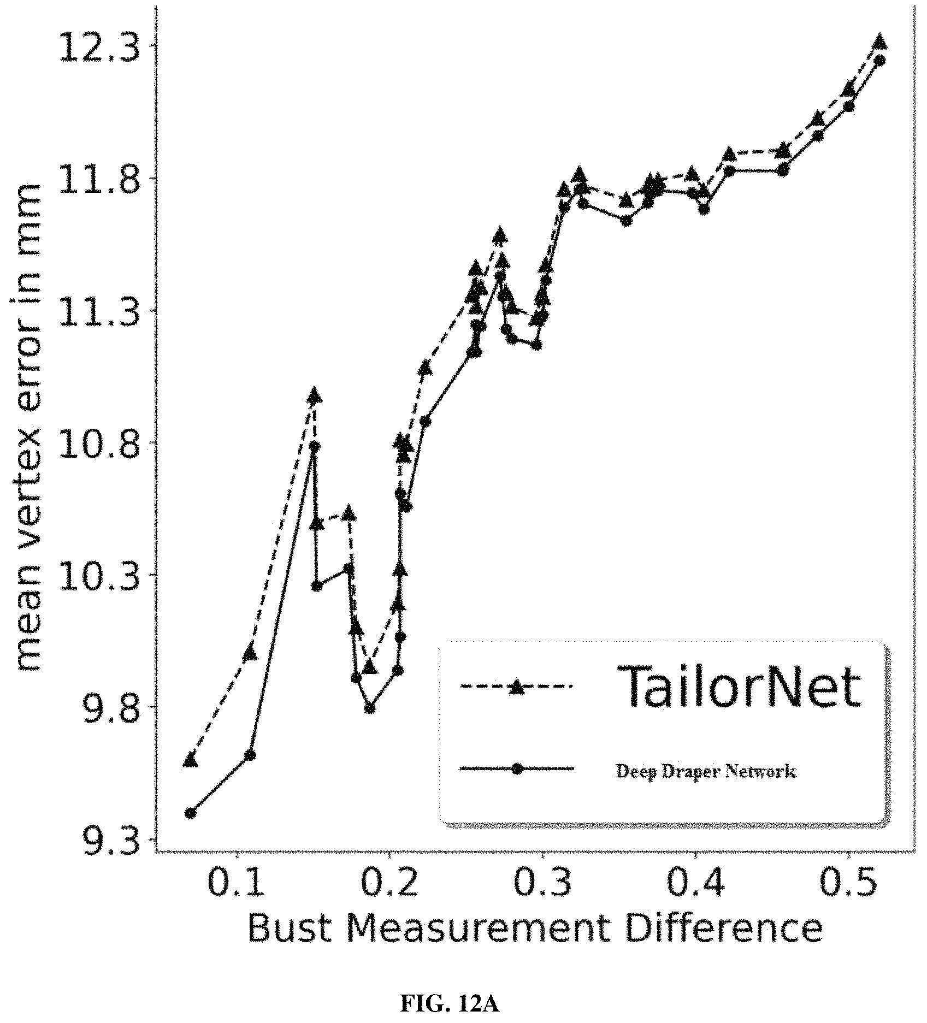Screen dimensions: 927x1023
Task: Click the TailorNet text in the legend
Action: tap(739, 687)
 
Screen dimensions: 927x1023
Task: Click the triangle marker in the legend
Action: tap(516, 686)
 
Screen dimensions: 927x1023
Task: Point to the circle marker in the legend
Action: tap(517, 768)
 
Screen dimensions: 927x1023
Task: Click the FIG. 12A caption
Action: tap(450, 1002)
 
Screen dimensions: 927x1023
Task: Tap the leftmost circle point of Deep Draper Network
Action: tap(190, 813)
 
